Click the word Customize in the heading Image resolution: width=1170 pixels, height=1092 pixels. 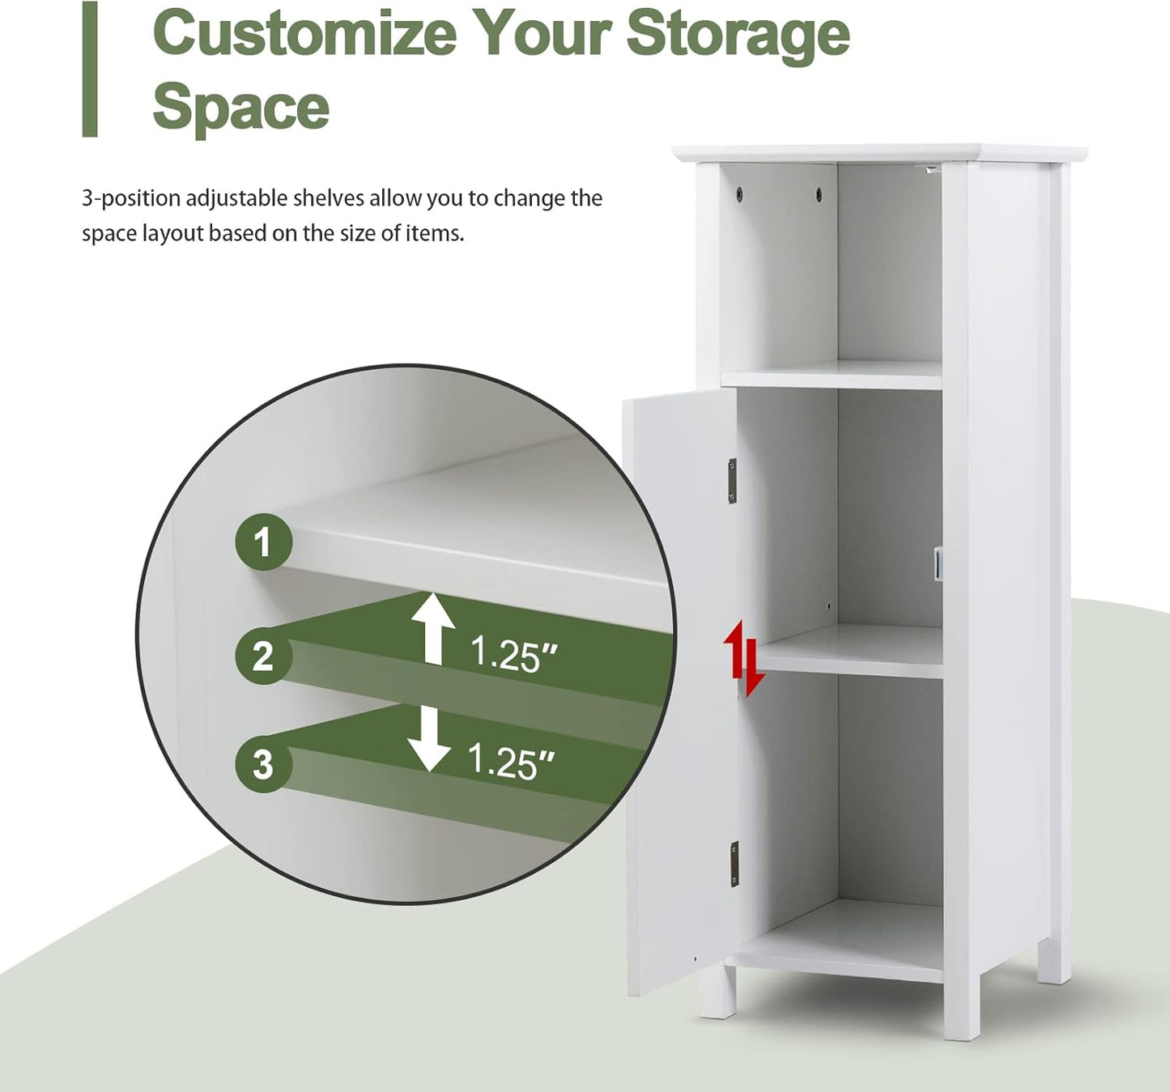tap(304, 33)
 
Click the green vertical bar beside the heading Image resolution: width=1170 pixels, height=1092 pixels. tap(90, 69)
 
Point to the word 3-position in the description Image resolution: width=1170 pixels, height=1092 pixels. tap(131, 199)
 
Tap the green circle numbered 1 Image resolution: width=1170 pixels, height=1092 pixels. tap(264, 542)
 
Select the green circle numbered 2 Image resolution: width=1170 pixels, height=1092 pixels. tap(263, 656)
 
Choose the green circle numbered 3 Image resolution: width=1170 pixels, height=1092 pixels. tap(263, 764)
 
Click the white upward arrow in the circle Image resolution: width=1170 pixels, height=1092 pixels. tap(433, 628)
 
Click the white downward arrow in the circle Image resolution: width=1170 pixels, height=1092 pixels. tap(429, 738)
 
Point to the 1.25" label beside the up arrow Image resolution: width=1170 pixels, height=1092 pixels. tap(513, 655)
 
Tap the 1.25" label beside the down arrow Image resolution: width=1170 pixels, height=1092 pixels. tap(512, 762)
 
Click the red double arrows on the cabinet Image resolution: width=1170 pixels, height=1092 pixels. tap(743, 658)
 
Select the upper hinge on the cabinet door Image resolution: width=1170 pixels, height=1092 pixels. tap(733, 481)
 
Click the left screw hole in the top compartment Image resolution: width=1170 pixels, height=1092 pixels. tap(741, 193)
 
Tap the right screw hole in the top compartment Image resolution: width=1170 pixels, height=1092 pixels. tap(819, 193)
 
